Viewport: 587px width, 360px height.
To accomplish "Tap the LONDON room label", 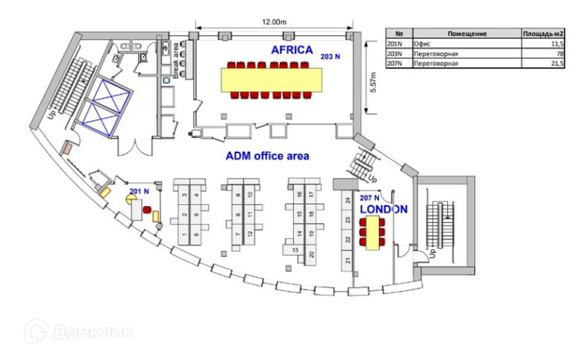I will [384, 209].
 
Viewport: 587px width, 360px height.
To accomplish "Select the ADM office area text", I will [267, 157].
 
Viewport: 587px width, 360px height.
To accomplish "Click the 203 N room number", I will [330, 57].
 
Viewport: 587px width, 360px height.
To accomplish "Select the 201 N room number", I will [139, 191].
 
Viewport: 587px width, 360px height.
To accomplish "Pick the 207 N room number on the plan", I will [369, 198].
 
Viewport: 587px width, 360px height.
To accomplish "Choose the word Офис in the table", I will [423, 42].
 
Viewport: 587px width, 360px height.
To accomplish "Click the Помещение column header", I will [469, 33].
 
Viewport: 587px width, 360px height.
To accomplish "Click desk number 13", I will [295, 250].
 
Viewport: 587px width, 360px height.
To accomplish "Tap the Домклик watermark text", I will [91, 332].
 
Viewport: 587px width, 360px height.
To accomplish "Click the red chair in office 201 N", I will [147, 210].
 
